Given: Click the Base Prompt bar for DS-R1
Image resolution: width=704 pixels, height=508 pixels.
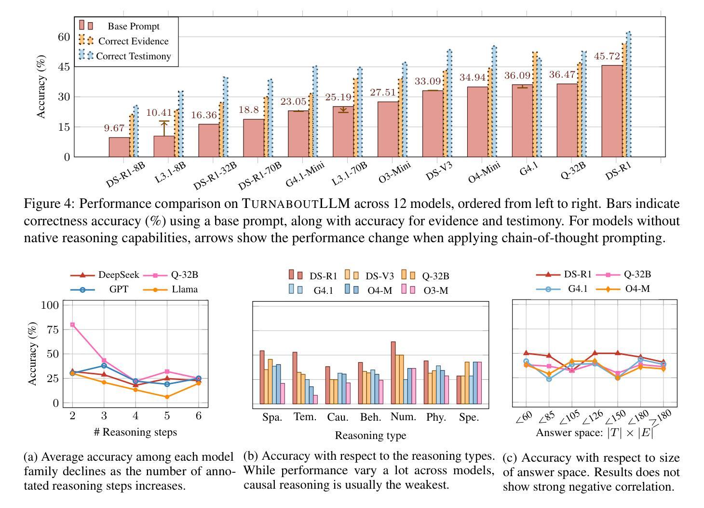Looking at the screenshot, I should (611, 111).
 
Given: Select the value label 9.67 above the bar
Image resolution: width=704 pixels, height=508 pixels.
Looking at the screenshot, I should (114, 128).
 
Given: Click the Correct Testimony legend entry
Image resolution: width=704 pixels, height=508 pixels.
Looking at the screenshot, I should (133, 56).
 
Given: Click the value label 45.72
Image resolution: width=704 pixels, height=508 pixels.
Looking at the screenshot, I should (607, 56).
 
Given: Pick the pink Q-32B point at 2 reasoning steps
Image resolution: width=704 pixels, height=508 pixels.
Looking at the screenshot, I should (72, 325).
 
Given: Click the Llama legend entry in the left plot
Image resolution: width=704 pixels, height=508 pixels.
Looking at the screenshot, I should (185, 289).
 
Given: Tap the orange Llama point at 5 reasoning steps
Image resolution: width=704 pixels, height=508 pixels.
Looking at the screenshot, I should (167, 397).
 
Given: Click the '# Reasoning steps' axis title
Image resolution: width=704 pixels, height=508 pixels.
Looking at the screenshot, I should (135, 432).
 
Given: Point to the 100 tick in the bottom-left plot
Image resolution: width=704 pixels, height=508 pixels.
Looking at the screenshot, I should (50, 305).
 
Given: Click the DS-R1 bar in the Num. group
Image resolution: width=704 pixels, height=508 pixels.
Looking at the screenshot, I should (393, 372).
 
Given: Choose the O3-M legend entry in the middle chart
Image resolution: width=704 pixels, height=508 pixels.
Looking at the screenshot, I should (436, 290).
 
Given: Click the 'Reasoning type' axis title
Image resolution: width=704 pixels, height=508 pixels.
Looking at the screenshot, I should (370, 436).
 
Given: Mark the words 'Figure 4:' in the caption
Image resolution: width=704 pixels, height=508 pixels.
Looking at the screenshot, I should (50, 204).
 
